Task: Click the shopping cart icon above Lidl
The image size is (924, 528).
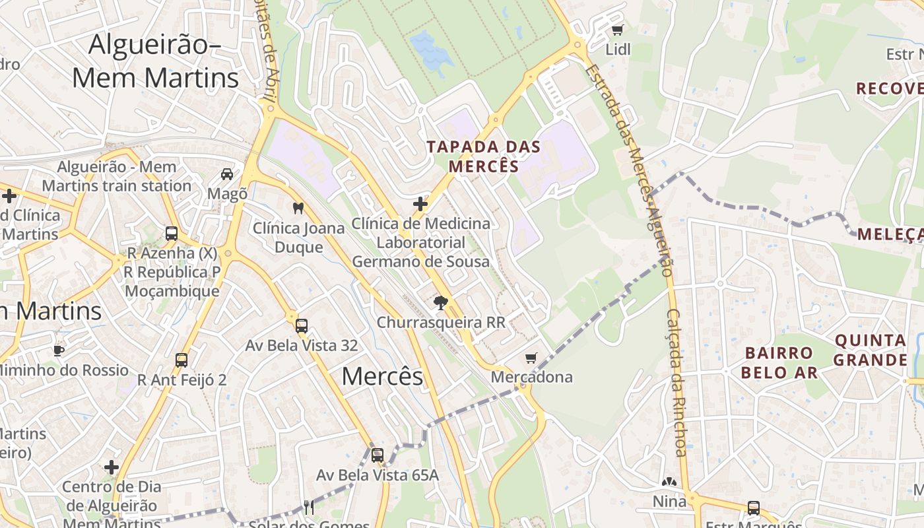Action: [x=617, y=30]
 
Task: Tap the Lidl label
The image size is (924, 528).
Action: [x=618, y=49]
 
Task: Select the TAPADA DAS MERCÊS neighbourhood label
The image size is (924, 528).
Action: [x=484, y=156]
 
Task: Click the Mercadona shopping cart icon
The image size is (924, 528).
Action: [x=531, y=358]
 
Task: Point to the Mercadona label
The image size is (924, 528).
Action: [x=532, y=378]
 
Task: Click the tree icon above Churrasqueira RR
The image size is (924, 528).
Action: [x=440, y=303]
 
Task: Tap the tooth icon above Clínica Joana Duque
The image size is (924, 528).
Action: [x=298, y=208]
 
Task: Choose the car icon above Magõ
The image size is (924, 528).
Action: [x=227, y=174]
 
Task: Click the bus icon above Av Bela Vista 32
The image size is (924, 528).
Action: [x=302, y=325]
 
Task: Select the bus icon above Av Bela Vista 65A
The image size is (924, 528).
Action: [x=378, y=455]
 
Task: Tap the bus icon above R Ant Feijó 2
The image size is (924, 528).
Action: [x=181, y=360]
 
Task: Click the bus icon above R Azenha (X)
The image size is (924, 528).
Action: [x=172, y=233]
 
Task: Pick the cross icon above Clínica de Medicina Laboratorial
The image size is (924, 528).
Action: [x=420, y=204]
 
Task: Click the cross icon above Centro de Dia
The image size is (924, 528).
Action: [x=112, y=467]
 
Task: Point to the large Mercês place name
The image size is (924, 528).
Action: [x=382, y=376]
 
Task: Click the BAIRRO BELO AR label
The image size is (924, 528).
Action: [x=779, y=362]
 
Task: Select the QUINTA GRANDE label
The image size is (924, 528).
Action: [x=871, y=350]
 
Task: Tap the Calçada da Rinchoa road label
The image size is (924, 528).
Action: [x=677, y=383]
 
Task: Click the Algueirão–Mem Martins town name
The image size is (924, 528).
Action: [x=155, y=61]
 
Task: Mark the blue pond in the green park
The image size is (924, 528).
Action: [x=430, y=49]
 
